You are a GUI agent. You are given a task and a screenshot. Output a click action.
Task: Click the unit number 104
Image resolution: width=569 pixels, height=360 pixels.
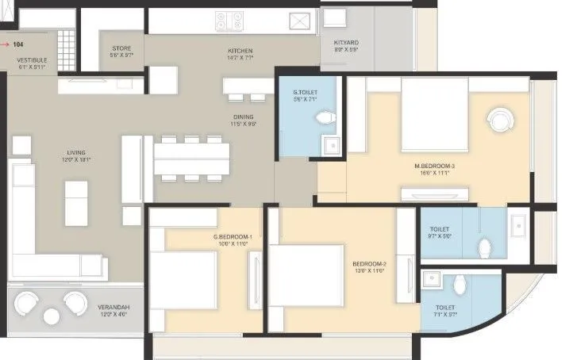(x=18, y=45)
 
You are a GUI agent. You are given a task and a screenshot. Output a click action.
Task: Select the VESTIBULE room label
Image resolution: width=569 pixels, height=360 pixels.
(x=27, y=60)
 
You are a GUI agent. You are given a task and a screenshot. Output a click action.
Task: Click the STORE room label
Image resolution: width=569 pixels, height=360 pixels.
(x=121, y=48)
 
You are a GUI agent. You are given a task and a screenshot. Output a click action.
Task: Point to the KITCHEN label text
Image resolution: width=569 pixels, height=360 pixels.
(x=240, y=49)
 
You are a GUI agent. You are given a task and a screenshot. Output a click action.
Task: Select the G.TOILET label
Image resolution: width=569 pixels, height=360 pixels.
(x=305, y=92)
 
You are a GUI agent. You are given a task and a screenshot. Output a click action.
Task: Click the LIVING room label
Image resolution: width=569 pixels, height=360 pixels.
(x=76, y=152)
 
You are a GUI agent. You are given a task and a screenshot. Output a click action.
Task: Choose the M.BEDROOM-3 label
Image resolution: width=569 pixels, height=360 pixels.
(x=434, y=166)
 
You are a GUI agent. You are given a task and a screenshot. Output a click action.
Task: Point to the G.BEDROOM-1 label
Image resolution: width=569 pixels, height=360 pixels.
(x=233, y=237)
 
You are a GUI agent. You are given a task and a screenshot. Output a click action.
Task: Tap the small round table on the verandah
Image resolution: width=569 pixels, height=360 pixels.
(x=52, y=316)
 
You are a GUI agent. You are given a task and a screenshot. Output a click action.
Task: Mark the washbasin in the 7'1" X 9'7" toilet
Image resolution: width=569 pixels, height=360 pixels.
(x=433, y=279)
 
